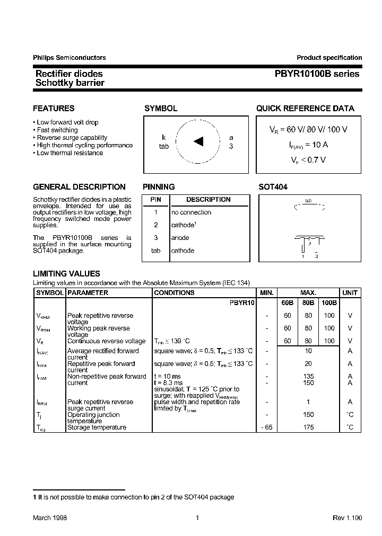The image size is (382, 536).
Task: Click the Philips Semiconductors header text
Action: (69, 58)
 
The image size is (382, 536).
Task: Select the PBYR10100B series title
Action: (316, 74)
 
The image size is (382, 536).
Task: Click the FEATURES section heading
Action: (54, 109)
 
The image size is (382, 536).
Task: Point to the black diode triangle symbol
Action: (198, 141)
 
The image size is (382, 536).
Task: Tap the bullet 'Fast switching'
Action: (57, 130)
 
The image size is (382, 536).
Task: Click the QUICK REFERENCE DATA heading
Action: (305, 109)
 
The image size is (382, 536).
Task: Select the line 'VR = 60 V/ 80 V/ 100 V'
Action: (308, 130)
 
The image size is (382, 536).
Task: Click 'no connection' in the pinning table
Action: (191, 212)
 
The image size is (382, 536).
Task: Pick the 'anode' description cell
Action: (180, 238)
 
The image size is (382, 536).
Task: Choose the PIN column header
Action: (155, 200)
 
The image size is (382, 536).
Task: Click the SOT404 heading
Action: (273, 187)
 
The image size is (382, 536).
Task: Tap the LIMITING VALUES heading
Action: (66, 274)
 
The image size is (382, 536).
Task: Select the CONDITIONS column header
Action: (174, 293)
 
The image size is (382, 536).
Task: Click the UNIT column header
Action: (350, 293)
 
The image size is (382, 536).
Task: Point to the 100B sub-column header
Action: (329, 303)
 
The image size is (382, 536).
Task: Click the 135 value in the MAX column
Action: (308, 377)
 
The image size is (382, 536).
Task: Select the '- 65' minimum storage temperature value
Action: (266, 427)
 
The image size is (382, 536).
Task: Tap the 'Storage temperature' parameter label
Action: (97, 427)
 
